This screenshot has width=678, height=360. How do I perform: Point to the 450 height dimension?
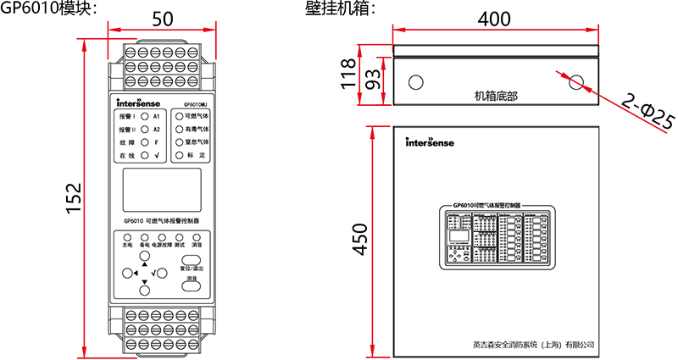(x=361, y=240)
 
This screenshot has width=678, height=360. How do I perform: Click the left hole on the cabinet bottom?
(x=416, y=82)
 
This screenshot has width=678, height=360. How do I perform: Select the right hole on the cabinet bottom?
(x=577, y=82)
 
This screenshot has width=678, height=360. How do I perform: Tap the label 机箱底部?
(x=496, y=96)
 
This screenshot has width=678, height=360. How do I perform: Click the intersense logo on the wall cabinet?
(x=430, y=142)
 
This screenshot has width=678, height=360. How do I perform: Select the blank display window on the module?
(x=161, y=190)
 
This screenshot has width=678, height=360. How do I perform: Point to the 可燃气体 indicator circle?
(x=179, y=114)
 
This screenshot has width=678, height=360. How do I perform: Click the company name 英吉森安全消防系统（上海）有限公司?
(x=535, y=346)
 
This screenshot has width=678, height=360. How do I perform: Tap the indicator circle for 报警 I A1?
(x=145, y=114)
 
